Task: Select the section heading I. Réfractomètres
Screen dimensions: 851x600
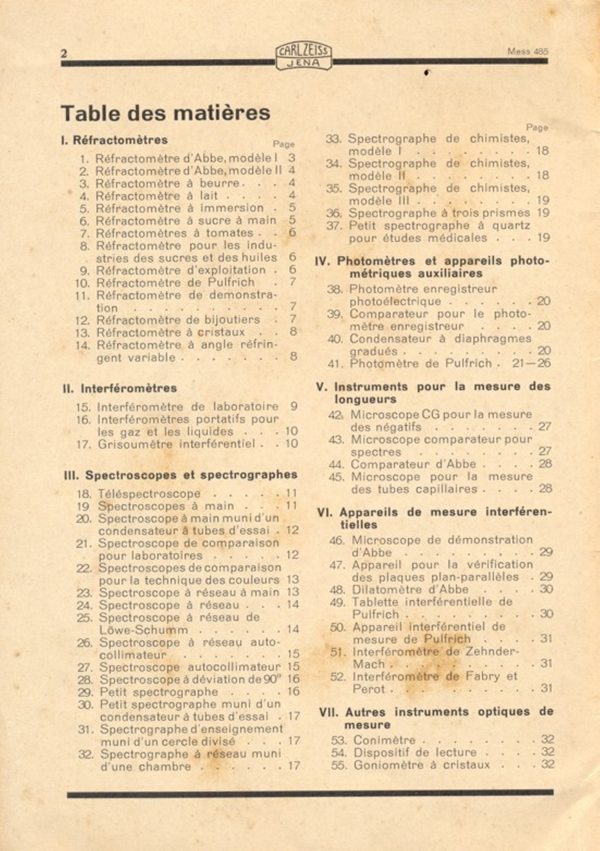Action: (x=114, y=140)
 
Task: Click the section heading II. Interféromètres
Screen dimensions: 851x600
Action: (x=120, y=388)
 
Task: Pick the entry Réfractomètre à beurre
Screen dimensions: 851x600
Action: (x=168, y=183)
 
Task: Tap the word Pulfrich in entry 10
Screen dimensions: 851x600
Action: (x=231, y=282)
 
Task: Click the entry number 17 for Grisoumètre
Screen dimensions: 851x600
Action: (x=84, y=444)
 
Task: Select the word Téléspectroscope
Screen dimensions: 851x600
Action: (x=149, y=494)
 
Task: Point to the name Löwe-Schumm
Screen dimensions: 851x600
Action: (x=143, y=630)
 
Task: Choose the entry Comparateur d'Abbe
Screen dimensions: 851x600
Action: (x=413, y=464)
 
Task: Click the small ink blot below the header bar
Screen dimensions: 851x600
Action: (x=427, y=73)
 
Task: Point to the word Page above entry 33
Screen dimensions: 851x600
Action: (x=537, y=128)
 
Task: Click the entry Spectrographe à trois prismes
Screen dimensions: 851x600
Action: (x=439, y=213)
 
